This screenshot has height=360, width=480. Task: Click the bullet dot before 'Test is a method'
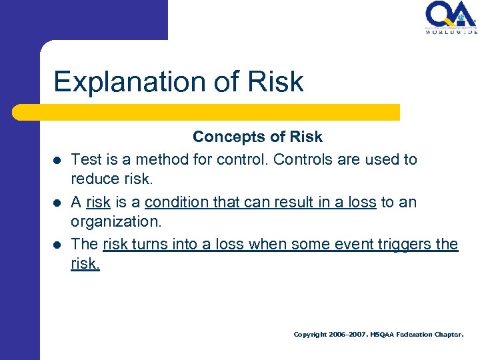pos(58,161)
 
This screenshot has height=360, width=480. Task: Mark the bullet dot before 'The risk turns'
pos(58,245)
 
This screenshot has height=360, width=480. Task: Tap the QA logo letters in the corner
pos(451,13)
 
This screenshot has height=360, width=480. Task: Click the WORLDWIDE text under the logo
pos(451,31)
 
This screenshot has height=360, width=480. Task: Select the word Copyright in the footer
pos(310,335)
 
